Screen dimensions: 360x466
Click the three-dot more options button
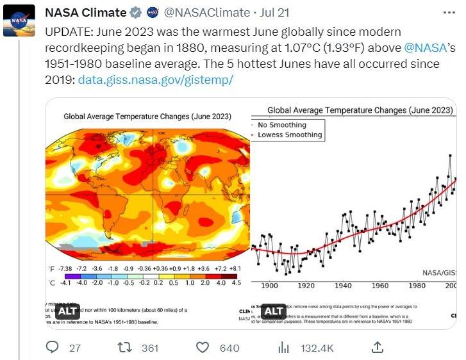click(451, 12)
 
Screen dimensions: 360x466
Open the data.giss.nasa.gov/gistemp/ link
click(156, 81)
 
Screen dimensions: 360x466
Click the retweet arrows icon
click(126, 347)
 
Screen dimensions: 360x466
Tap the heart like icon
click(203, 347)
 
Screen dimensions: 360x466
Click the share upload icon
click(378, 347)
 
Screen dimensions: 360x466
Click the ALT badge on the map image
click(67, 312)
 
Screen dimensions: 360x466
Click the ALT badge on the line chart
click(274, 312)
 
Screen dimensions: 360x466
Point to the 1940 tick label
click(344, 286)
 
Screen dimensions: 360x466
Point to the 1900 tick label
click(269, 286)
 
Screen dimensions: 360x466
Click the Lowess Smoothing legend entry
click(289, 135)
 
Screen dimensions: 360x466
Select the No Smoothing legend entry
click(282, 125)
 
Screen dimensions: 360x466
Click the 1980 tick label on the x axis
click(417, 286)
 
